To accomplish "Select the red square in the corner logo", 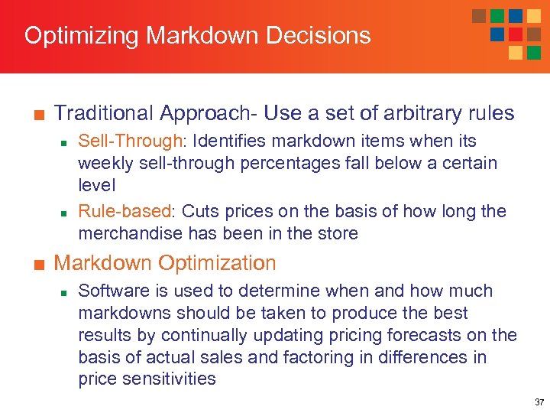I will click(x=516, y=34).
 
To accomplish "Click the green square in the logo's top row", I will click(x=497, y=16).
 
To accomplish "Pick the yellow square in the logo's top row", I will click(x=533, y=16).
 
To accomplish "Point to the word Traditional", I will click(x=104, y=113).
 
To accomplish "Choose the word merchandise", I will click(x=125, y=233).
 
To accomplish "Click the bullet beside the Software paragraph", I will click(x=66, y=291).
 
